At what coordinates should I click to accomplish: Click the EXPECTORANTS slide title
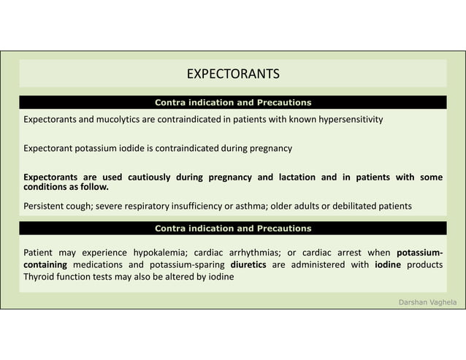point(233,74)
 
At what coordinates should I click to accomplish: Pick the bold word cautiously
point(150,177)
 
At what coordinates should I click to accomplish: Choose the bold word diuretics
point(248,264)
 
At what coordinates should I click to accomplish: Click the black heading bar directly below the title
point(233,102)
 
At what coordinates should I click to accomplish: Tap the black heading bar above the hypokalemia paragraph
point(233,229)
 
